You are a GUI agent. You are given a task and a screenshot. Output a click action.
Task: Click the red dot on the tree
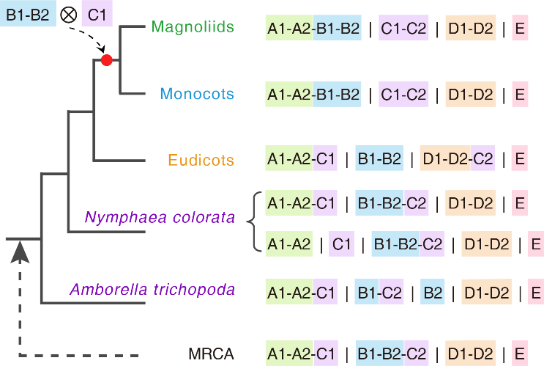[107, 60]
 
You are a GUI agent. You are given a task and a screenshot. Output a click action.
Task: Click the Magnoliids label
[193, 27]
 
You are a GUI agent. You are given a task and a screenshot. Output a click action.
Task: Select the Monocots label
[197, 94]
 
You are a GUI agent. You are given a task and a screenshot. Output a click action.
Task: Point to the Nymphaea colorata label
[160, 217]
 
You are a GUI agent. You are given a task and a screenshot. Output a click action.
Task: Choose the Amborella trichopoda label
[152, 289]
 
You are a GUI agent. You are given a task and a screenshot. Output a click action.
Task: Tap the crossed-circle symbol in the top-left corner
[68, 15]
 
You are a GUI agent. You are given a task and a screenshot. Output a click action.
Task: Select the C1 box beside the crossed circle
[97, 14]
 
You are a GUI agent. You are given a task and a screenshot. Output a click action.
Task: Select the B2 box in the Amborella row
[433, 292]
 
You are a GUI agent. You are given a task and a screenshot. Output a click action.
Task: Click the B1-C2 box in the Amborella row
[379, 292]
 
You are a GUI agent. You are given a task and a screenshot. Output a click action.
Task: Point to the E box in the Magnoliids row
[519, 29]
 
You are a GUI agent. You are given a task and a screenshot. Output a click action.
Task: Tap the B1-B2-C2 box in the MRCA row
[392, 353]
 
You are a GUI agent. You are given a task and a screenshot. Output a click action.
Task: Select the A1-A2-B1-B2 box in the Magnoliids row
[313, 29]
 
